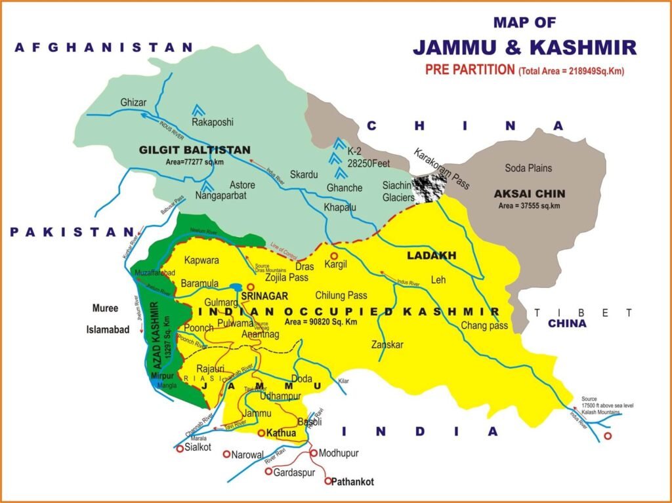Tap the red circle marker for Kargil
[x=333, y=256]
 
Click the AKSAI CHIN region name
[x=530, y=194]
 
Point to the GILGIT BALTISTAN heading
[x=186, y=150]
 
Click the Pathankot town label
[x=352, y=482]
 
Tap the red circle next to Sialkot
[x=180, y=449]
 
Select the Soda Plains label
[x=528, y=168]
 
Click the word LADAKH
[x=430, y=254]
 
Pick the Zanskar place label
[x=387, y=344]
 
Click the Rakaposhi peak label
[x=213, y=122]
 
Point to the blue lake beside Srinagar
[x=236, y=287]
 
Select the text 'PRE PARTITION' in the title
[x=469, y=70]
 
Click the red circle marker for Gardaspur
[x=268, y=471]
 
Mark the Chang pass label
[x=485, y=325]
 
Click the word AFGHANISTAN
[x=105, y=47]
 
